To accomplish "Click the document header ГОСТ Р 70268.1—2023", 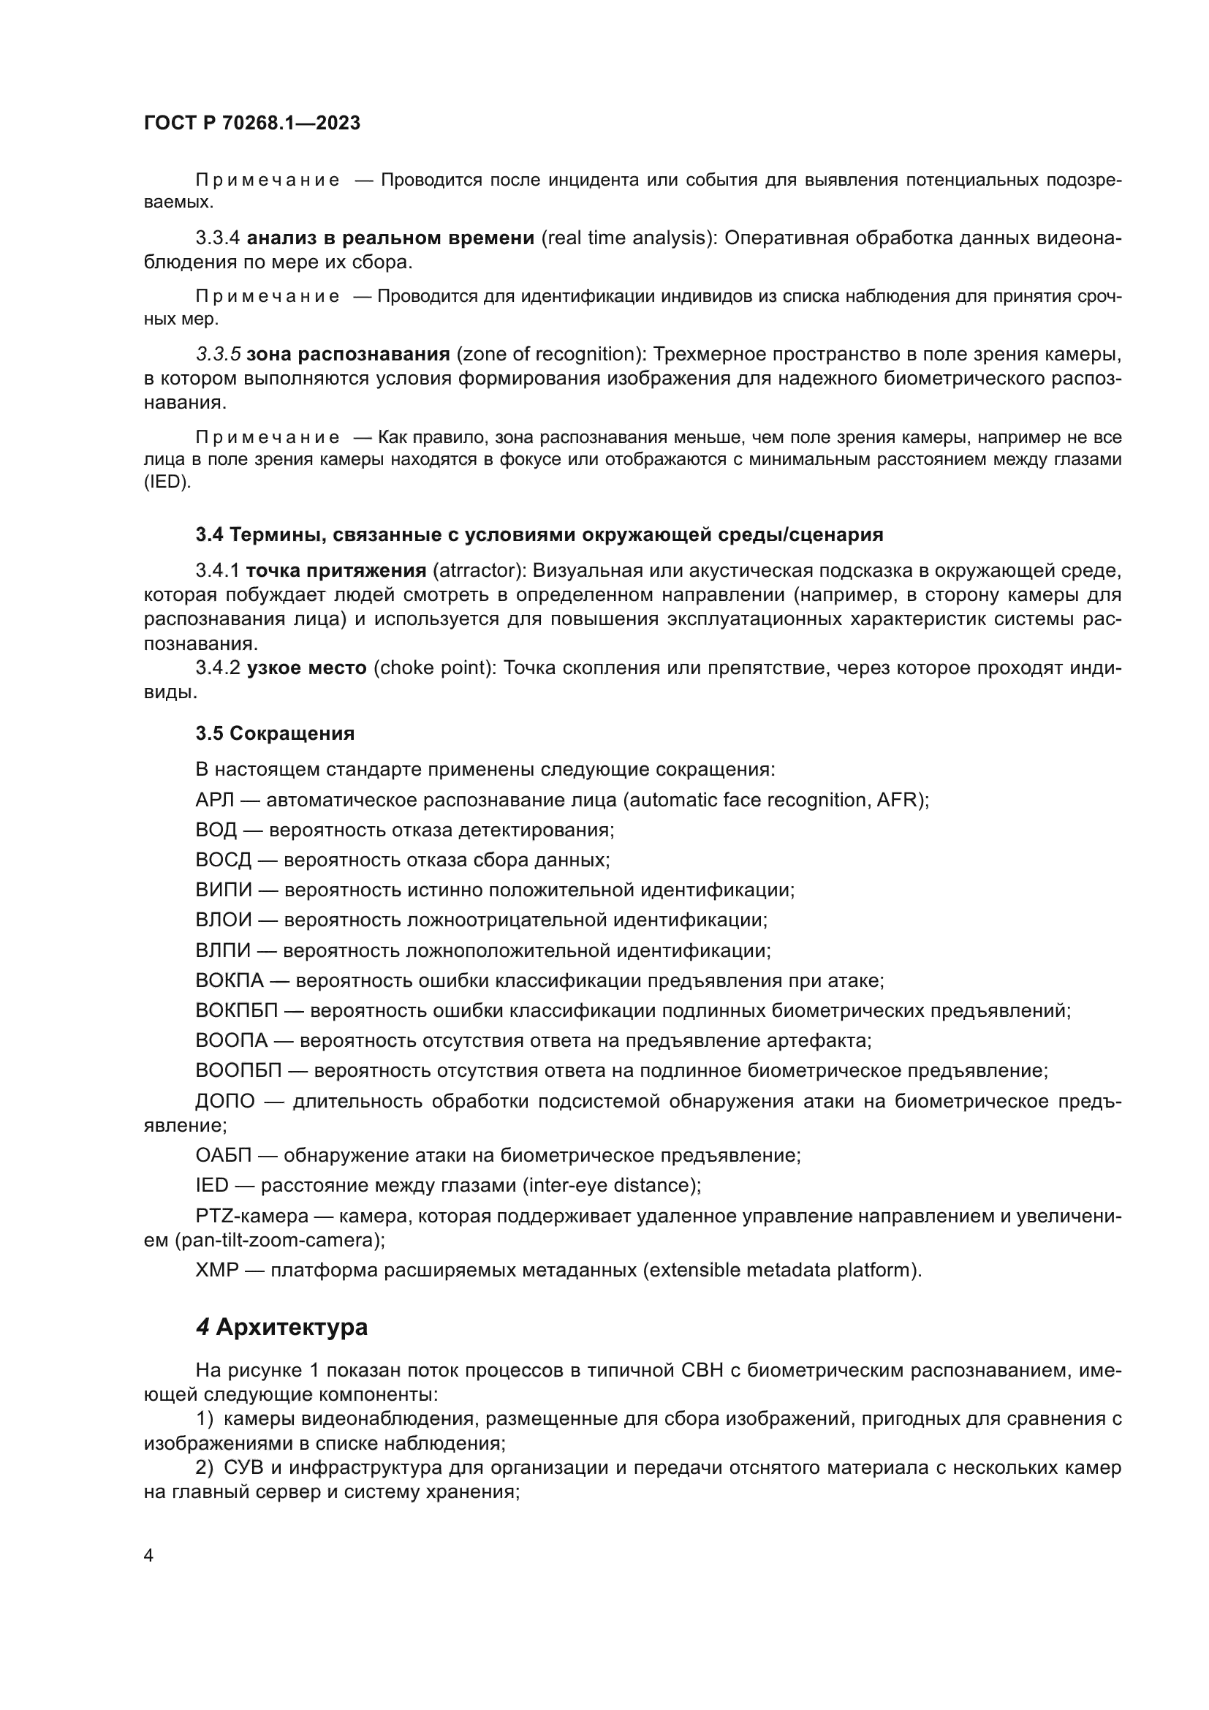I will click(x=251, y=123).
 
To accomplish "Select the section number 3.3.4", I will click(x=217, y=238).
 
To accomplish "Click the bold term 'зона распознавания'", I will click(x=348, y=354).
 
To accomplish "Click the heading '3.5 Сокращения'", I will click(x=275, y=733).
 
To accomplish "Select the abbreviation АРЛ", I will click(x=214, y=800).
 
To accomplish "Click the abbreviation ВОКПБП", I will click(x=236, y=1010).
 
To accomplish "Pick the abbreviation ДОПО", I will click(x=225, y=1101).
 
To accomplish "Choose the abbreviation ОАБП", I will click(x=224, y=1155).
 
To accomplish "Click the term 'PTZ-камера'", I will click(x=251, y=1217).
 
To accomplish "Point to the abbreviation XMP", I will click(x=216, y=1270).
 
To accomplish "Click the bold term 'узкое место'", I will click(x=306, y=668).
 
